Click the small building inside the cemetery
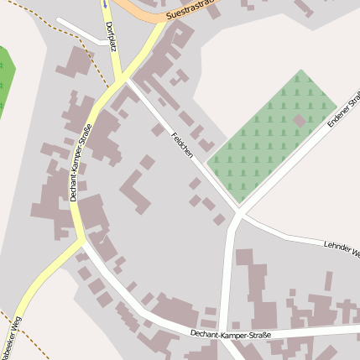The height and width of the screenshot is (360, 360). click(x=299, y=120)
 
